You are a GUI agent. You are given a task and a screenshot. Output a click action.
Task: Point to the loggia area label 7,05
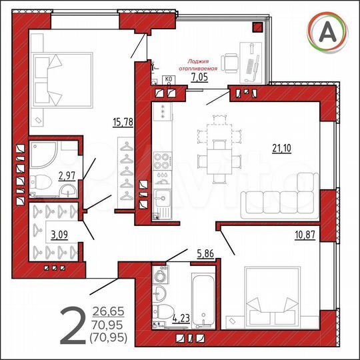[x=199, y=77]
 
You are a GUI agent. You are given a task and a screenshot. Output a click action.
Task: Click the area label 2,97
[x=67, y=176]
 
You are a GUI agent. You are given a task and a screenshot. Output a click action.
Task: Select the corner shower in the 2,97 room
[x=43, y=154]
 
